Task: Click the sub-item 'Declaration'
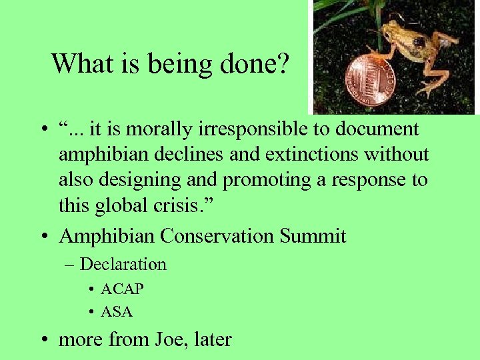pyautogui.click(x=123, y=265)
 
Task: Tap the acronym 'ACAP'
pyautogui.click(x=122, y=289)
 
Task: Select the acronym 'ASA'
pyautogui.click(x=117, y=311)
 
